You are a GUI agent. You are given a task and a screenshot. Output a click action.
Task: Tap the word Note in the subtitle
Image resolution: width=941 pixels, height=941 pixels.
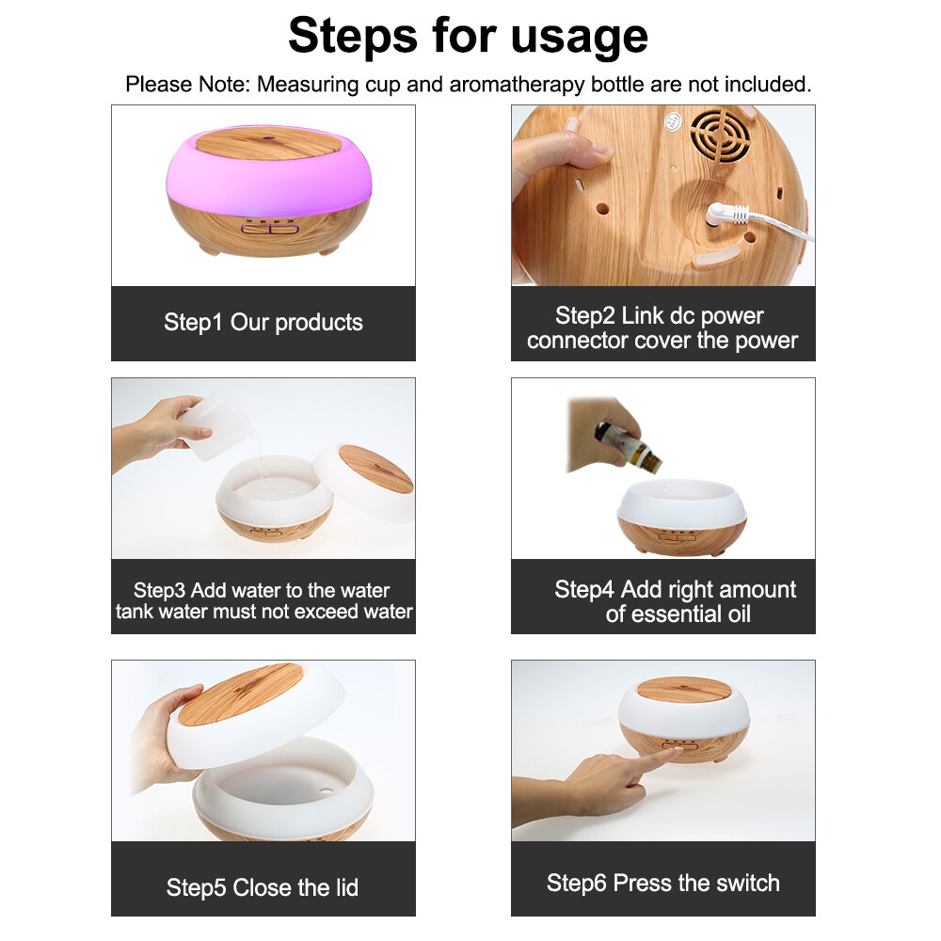tap(223, 84)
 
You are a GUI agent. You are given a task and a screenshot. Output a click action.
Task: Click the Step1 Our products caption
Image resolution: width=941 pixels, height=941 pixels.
tap(263, 322)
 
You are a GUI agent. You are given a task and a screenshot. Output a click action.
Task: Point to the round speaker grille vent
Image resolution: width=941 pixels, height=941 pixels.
tap(720, 137)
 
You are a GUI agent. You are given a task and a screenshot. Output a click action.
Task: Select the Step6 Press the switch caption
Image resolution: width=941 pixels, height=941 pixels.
tap(662, 883)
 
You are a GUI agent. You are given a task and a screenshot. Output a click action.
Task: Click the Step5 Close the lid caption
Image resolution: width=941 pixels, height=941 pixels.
tap(263, 887)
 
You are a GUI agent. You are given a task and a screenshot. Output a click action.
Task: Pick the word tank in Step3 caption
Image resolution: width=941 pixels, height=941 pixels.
tap(136, 612)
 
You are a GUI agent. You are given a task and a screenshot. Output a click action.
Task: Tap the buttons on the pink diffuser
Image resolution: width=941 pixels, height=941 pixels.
tap(268, 228)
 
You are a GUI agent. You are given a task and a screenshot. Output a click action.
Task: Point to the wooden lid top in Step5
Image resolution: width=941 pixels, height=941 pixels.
tap(241, 695)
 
